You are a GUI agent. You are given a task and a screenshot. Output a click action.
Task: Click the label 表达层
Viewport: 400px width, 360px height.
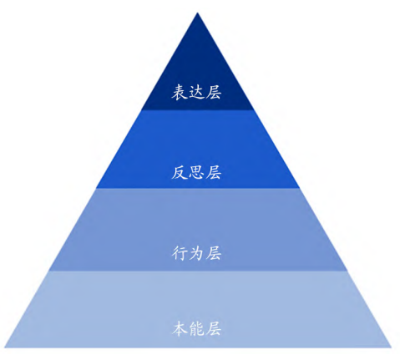196,92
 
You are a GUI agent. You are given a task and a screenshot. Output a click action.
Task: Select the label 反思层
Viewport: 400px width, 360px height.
196,172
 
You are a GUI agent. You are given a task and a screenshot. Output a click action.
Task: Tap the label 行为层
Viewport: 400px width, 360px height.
196,253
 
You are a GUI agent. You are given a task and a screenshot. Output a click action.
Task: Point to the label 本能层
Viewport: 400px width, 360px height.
196,328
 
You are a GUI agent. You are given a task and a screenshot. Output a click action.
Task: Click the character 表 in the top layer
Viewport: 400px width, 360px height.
180,92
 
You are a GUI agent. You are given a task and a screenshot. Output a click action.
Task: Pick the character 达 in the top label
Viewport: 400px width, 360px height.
196,92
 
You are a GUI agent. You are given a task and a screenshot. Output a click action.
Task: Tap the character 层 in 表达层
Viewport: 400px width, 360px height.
213,92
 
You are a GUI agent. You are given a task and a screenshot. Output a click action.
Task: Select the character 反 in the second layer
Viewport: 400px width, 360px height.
180,172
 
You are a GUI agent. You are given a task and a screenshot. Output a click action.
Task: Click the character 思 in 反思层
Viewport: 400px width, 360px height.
196,172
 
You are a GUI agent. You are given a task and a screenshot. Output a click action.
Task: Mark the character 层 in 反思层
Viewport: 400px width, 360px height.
213,172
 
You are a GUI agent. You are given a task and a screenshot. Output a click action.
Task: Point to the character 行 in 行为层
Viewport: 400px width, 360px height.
180,253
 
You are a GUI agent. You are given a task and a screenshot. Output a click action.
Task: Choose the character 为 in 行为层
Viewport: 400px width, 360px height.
196,253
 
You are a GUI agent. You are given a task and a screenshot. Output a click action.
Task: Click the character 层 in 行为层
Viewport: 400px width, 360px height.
213,253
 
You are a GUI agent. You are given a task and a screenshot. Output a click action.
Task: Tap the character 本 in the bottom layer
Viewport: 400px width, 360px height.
180,328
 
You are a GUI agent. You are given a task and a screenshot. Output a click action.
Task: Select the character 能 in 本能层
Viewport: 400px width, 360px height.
196,328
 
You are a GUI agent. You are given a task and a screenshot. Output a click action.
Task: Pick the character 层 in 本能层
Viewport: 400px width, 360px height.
213,328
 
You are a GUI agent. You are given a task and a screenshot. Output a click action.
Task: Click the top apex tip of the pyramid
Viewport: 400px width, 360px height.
197,13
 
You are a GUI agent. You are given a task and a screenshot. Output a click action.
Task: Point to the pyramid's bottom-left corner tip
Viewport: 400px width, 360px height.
4,347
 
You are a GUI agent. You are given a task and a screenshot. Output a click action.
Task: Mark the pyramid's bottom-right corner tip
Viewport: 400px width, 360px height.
391,347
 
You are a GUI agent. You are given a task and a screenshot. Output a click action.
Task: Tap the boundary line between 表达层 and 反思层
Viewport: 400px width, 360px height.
198,109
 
